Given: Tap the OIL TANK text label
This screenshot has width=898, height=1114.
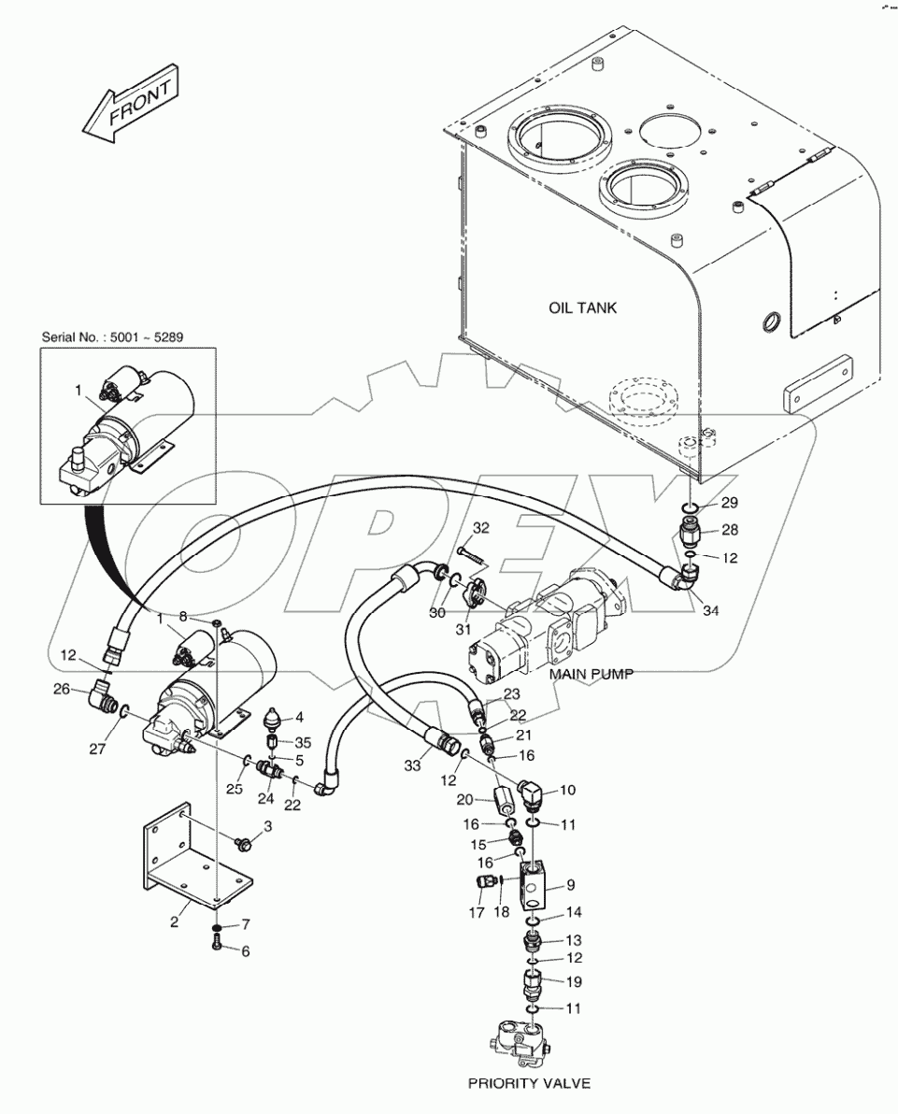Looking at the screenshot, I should [582, 307].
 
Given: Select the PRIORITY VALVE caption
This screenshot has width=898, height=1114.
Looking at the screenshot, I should [530, 1083].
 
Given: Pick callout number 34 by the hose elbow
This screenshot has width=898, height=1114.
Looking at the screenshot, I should [711, 611].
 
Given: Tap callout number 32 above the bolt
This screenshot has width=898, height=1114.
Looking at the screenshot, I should [480, 528].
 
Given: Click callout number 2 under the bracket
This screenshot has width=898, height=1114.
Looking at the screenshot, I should [174, 922].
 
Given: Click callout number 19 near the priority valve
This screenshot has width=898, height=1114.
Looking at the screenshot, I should [573, 981].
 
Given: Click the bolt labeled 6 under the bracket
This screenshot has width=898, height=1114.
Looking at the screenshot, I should [216, 947].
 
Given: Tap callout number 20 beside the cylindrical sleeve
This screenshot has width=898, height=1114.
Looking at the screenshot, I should [464, 800].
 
